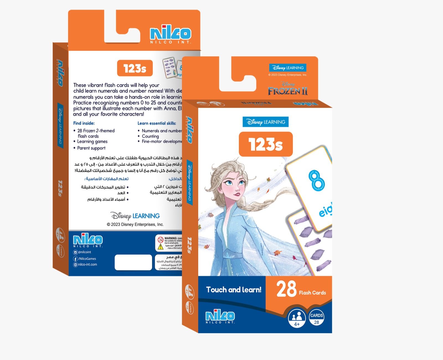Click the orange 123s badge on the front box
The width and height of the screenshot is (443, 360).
[266, 144]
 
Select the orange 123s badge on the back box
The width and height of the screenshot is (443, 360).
[135, 68]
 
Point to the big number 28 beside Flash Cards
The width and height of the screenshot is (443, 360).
[286, 289]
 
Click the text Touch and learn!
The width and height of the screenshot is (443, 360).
[234, 290]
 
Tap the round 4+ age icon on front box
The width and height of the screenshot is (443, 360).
[297, 318]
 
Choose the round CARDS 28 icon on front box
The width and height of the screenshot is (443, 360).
[316, 318]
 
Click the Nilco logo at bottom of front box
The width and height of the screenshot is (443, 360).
[220, 317]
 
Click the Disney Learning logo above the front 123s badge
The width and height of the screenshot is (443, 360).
[266, 122]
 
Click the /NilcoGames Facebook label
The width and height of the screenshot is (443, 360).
[87, 259]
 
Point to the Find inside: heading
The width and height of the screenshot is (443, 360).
[84, 123]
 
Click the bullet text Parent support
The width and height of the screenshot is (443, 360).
[91, 148]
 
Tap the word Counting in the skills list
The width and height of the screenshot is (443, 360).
[150, 136]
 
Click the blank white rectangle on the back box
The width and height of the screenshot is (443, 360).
[133, 262]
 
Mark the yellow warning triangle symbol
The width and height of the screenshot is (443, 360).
[161, 247]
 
